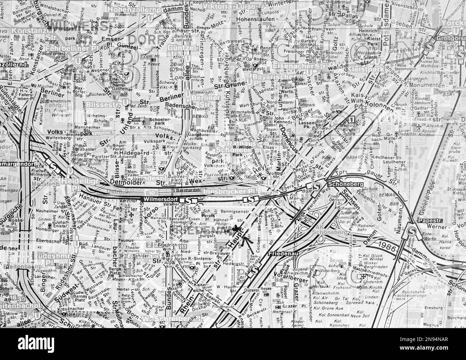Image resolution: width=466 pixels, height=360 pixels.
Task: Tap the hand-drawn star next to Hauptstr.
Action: click(236, 228)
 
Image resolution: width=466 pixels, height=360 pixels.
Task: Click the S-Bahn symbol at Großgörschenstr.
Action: click(429, 45)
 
